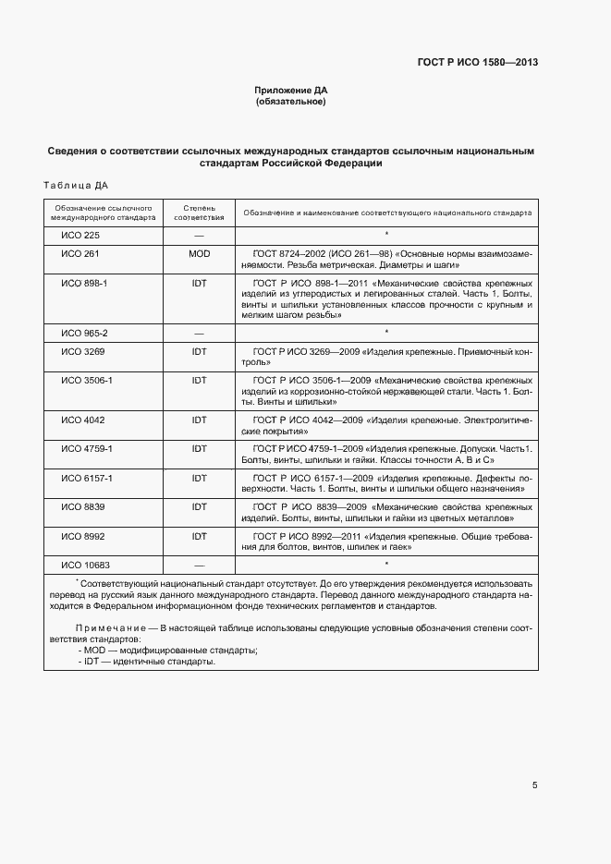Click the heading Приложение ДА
(291, 90)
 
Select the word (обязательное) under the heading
(291, 101)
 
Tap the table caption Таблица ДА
(76, 185)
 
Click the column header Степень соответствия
(199, 213)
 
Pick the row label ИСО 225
(79, 235)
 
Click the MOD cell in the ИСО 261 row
(199, 252)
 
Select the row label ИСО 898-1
(84, 283)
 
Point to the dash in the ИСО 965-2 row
(199, 332)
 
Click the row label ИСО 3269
(82, 353)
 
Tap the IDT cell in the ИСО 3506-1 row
(199, 380)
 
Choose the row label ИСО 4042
(82, 420)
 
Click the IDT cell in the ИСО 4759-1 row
(199, 448)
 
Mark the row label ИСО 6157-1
(86, 479)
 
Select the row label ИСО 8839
(82, 506)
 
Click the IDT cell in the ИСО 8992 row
(199, 535)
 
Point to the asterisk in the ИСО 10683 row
(386, 564)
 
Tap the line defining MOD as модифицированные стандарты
(154, 651)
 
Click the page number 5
(535, 785)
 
